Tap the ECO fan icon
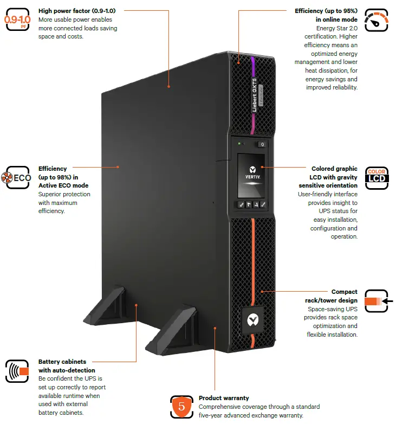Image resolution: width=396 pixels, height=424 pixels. click(x=17, y=178)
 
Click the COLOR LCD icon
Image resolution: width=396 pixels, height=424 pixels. click(x=376, y=177)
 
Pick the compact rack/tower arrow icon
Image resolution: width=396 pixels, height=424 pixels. click(x=378, y=301)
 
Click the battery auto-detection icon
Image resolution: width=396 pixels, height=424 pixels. click(x=17, y=371)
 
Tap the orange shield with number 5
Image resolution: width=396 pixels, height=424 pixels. click(x=181, y=406)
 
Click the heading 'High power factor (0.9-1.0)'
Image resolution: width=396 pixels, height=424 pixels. click(x=81, y=10)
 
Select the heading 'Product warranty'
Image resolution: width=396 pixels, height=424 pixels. click(x=224, y=398)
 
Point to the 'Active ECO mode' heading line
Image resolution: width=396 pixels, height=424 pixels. click(x=59, y=185)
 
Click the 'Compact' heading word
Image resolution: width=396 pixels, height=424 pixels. click(x=344, y=292)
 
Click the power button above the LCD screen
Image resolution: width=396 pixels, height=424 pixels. click(x=262, y=144)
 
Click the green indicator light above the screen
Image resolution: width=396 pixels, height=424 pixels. click(x=239, y=144)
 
